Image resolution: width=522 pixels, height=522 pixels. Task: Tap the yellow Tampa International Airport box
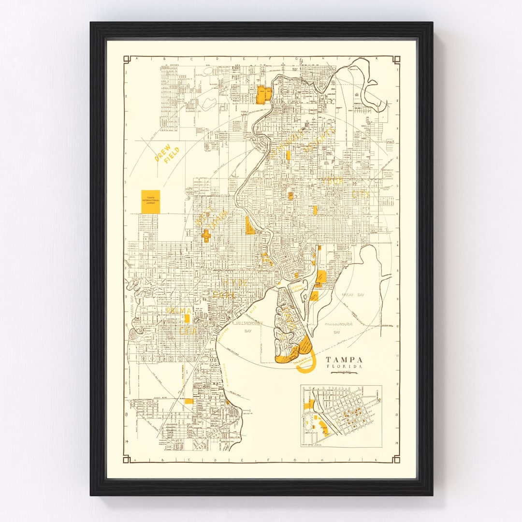coord(150,202)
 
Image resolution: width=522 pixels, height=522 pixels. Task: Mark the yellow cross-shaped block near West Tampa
coord(206,235)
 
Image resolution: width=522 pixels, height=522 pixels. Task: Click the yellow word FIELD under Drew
coord(171,155)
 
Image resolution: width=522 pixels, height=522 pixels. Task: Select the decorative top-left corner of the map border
coord(127,59)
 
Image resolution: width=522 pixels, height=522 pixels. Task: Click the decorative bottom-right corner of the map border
coord(396,458)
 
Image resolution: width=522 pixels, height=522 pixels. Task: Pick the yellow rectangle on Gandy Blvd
coord(188,401)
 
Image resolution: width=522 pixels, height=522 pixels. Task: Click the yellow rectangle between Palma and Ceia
coord(187,318)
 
